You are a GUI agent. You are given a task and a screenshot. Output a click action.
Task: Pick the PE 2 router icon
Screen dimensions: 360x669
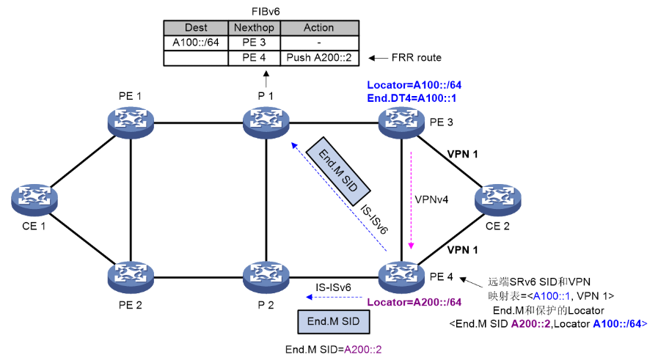coord(130,277)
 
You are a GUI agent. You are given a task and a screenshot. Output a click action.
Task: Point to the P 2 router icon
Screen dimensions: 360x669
coord(266,277)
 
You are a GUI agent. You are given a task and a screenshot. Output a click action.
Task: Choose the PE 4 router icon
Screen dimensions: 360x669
coord(402,277)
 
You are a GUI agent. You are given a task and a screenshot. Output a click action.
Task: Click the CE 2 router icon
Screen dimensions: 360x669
coord(497,199)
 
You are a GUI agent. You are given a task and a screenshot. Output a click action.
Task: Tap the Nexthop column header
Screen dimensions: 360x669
coord(253,29)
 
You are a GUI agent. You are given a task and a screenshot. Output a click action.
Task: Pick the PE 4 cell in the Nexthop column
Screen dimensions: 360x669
coord(253,57)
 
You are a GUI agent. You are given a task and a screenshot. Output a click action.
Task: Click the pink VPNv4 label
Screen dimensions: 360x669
coord(431,198)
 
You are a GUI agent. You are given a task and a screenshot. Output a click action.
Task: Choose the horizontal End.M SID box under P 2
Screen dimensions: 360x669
coord(334,321)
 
